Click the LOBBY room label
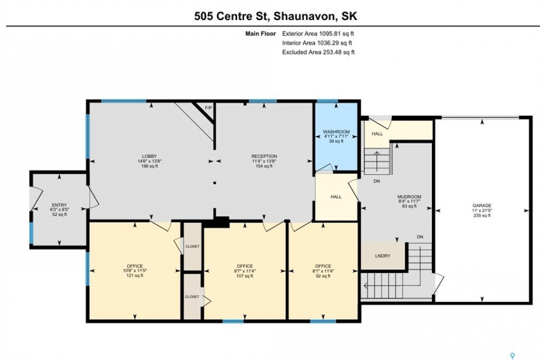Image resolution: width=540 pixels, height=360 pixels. pos(150,156)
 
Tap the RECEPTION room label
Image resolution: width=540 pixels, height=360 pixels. pos(264,156)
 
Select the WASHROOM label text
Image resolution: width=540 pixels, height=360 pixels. pos(336,132)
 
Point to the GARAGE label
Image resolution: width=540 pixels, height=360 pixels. pos(482,205)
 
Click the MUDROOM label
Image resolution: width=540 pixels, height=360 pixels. pos(409,197)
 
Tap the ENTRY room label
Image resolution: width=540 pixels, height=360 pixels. pos(59,205)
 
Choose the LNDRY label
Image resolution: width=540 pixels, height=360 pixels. pos(382,255)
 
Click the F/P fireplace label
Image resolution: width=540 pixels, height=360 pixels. pos(208,107)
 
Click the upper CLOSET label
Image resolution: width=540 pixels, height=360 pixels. pos(192,246)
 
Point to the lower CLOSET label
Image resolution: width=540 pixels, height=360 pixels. pos(192,296)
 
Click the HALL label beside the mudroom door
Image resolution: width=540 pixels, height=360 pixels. pos(336,197)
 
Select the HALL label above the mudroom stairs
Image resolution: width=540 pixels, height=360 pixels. pos(377,133)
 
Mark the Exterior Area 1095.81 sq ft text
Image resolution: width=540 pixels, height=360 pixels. pos(318,33)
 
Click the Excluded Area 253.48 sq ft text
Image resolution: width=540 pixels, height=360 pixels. pos(318,52)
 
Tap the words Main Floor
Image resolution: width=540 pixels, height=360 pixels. pos(260,33)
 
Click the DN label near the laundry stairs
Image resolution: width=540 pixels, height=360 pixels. pos(420,237)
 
